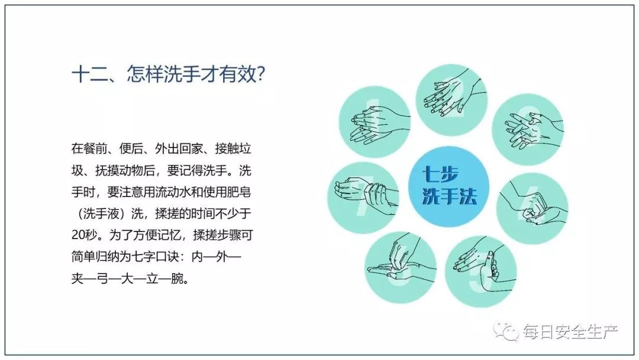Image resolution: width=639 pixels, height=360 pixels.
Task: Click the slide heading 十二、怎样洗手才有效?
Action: click(x=168, y=75)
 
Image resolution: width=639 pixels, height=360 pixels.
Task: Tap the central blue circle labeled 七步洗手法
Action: click(x=448, y=187)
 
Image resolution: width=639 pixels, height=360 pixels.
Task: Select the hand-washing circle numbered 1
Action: click(x=375, y=121)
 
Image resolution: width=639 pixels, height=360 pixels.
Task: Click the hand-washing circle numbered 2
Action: click(x=451, y=101)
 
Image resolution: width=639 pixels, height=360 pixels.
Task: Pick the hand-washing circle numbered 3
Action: click(x=528, y=129)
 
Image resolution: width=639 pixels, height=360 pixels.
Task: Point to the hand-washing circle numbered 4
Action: click(x=532, y=208)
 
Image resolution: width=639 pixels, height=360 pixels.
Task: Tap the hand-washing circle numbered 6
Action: click(x=401, y=268)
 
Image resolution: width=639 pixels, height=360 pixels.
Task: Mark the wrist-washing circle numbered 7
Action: click(x=363, y=198)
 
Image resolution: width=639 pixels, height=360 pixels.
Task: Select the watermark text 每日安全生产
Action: click(x=570, y=332)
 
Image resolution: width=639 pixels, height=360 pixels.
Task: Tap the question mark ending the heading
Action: click(x=262, y=75)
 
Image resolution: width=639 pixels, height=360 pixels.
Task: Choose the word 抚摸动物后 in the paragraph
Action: click(x=125, y=170)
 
